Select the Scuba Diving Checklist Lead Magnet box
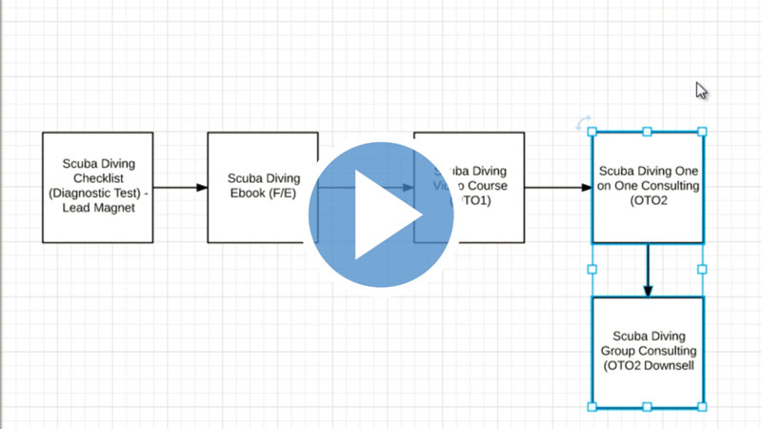(97, 187)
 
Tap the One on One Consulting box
(648, 187)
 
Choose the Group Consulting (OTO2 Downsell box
(648, 351)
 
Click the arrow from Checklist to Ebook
(180, 187)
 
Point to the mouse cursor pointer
(701, 91)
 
